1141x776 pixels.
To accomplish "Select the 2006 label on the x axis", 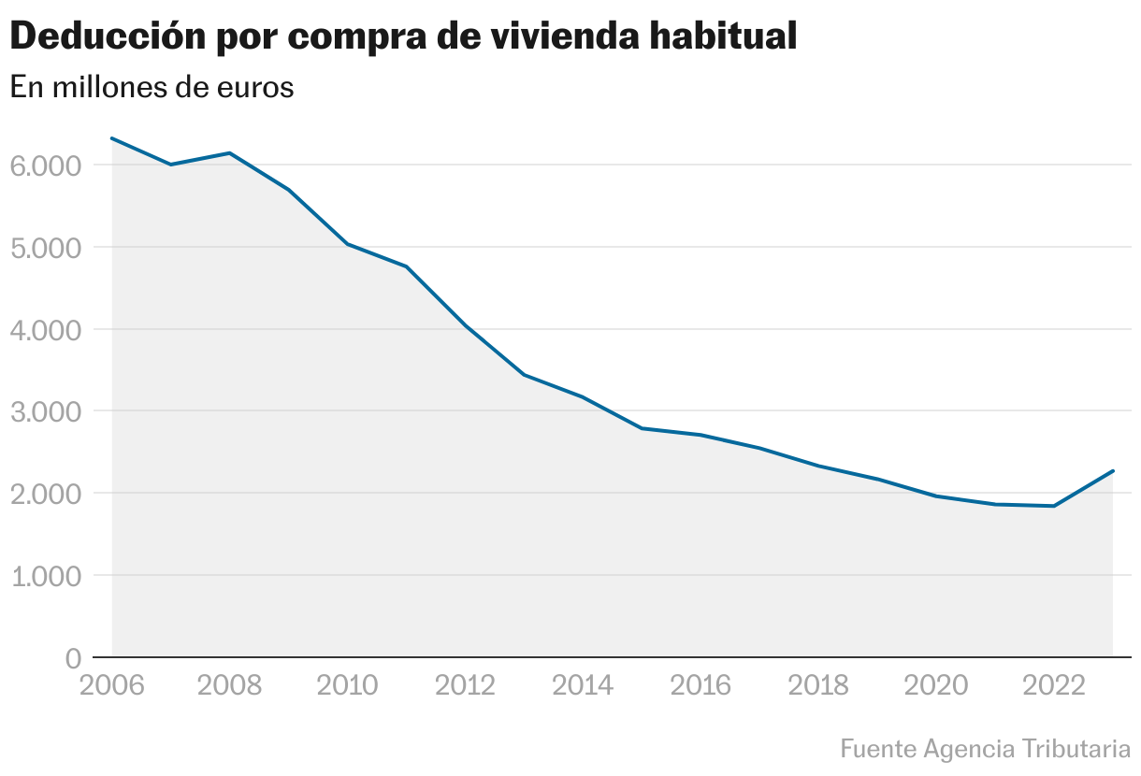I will pos(112,685).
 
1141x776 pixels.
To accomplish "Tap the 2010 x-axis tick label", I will pos(348,685).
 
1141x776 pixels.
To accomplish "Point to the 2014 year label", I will pos(583,685).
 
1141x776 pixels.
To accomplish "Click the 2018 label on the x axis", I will pos(818,685).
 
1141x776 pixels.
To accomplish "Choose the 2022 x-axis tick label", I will pos(1054,685).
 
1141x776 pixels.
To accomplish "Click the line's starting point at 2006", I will pos(112,138).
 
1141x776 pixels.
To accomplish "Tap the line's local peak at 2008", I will pos(230,153).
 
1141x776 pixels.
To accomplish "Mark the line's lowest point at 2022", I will pos(1054,506).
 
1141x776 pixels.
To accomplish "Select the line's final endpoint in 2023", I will pos(1113,471).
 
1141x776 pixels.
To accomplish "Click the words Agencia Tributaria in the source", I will pos(1027,749).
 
